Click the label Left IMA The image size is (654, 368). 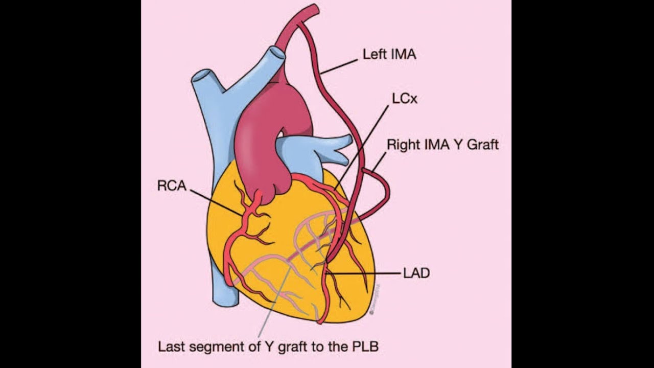(x=389, y=54)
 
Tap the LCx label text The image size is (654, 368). (x=404, y=99)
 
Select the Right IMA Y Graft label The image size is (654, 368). (x=442, y=145)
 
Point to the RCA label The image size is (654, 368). (x=172, y=186)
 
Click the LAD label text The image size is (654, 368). (x=416, y=273)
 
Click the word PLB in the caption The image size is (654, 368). (x=365, y=347)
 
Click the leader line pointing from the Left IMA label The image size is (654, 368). (x=340, y=66)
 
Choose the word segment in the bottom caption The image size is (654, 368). (x=222, y=347)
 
